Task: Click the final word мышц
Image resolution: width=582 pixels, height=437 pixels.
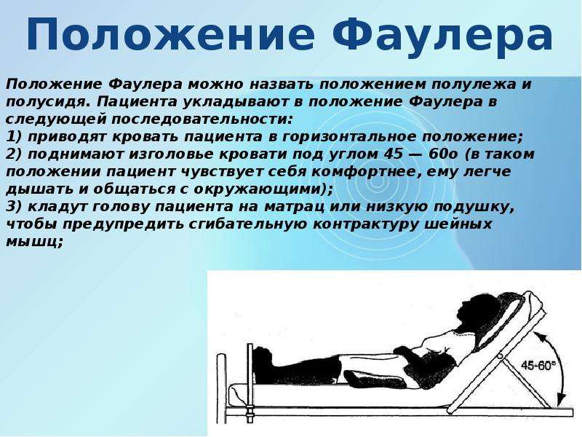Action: (x=31, y=242)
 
